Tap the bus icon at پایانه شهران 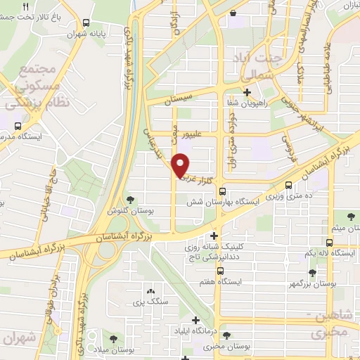(85, 23)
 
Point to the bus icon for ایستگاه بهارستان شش (222, 191)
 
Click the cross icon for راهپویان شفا (246, 92)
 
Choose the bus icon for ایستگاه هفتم (220, 270)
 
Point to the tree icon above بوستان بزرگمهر (311, 272)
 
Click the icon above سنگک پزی (149, 291)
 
